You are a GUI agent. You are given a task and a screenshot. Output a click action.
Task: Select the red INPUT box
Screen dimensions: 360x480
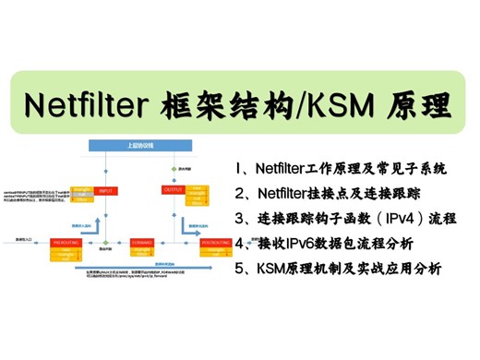pyautogui.click(x=105, y=190)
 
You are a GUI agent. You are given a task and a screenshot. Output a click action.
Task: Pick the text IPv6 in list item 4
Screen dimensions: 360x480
pyautogui.click(x=301, y=245)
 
